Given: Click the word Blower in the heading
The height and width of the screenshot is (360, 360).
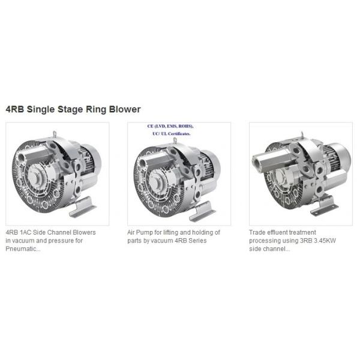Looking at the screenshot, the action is coord(125,109).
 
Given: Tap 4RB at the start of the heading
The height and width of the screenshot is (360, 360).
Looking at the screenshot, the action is coord(14,109).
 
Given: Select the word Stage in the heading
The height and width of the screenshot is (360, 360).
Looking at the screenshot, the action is coord(70,110).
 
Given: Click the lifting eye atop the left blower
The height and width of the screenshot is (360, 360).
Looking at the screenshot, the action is coord(55,134).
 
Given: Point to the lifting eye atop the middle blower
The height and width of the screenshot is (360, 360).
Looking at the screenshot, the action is coord(175,140).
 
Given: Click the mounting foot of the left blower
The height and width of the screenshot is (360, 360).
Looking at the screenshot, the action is coord(82,208).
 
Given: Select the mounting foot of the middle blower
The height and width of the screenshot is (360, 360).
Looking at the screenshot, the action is coord(202,211).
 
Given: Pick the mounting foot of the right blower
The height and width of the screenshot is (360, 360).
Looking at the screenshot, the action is coord(324,205).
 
